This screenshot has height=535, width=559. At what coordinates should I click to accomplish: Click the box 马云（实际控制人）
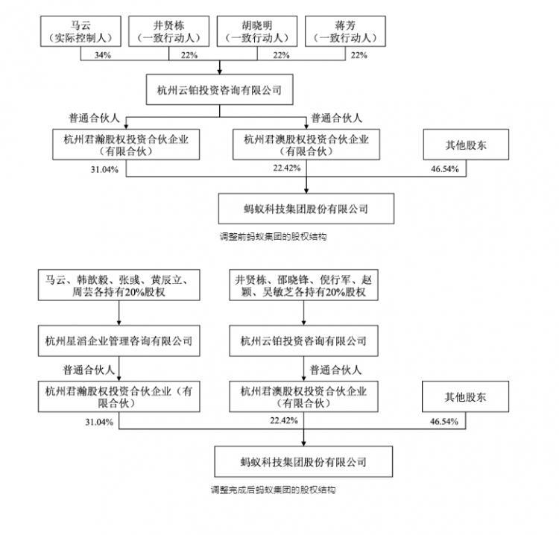coord(80,31)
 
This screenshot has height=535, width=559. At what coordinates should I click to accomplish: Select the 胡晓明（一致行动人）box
coord(257,31)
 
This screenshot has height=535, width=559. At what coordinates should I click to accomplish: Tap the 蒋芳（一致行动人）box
coord(345,31)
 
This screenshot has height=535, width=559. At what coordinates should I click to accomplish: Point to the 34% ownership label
coord(103,55)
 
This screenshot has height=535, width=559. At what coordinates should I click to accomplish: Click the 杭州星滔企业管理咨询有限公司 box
coord(119,341)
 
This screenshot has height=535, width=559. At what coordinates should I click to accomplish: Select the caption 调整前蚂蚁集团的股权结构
coord(273,237)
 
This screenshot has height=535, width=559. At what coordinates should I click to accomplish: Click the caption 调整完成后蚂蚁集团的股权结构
coord(273,490)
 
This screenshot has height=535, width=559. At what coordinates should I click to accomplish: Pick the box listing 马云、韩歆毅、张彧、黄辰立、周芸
coord(119,285)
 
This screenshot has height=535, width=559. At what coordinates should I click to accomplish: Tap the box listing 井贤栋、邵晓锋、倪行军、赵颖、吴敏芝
coord(303,285)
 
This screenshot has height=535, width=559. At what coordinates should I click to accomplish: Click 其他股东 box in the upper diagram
coord(466,145)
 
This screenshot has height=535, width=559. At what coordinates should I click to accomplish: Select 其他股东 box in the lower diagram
coord(465,396)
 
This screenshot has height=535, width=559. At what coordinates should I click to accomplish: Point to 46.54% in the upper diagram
coord(444,169)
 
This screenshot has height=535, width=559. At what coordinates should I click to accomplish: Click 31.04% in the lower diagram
coord(99,422)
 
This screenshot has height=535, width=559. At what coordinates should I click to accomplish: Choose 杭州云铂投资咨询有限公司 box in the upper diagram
coord(220,90)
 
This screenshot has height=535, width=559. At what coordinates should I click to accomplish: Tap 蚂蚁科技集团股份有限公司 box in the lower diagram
coord(303,462)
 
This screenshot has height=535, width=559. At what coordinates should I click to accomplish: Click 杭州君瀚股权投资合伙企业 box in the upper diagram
coord(126,145)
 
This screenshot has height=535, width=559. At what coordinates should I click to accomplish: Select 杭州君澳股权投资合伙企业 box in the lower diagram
coord(303,396)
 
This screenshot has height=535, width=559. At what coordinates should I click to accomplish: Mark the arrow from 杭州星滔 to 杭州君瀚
coord(119,369)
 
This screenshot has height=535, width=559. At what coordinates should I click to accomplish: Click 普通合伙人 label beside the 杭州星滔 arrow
coord(89,370)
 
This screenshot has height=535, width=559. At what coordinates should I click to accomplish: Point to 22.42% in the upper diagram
coord(287,168)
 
